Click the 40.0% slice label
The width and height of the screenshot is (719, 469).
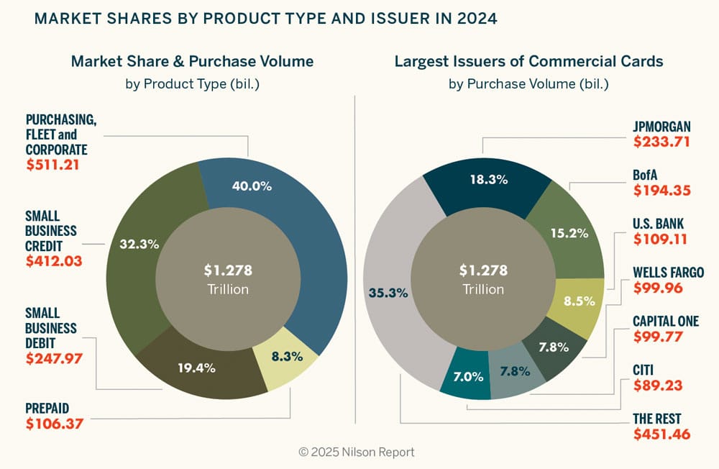pyautogui.click(x=252, y=186)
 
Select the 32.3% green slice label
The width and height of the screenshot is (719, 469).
pyautogui.click(x=138, y=244)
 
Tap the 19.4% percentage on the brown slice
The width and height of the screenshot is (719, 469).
pyautogui.click(x=197, y=368)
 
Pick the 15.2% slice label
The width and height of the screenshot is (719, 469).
pyautogui.click(x=569, y=233)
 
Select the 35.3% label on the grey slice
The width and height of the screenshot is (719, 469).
pyautogui.click(x=388, y=293)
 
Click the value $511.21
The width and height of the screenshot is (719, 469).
pyautogui.click(x=52, y=165)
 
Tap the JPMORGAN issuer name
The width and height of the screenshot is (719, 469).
pyautogui.click(x=661, y=127)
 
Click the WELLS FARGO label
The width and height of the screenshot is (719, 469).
pyautogui.click(x=668, y=273)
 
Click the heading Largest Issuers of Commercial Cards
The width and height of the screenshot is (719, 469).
pyautogui.click(x=528, y=61)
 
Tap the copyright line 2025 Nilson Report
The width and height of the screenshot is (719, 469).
pyautogui.click(x=357, y=452)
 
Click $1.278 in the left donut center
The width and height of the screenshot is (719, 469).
pyautogui.click(x=228, y=271)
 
